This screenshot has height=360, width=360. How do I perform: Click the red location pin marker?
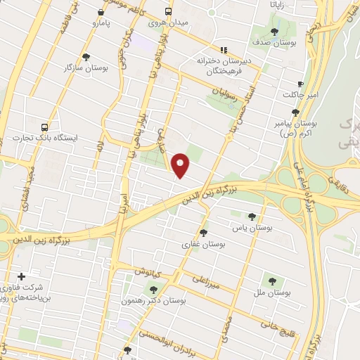tap(181, 165)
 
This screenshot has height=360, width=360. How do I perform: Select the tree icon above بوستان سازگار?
tap(86, 57)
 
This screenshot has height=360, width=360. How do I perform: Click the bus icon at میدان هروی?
tap(167, 12)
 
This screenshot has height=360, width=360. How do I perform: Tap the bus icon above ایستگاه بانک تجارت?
tap(45, 127)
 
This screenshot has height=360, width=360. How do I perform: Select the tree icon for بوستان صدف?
tap(275, 32)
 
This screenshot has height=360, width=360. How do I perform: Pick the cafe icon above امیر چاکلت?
tap(301, 84)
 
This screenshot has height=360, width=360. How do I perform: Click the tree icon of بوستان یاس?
tap(253, 217)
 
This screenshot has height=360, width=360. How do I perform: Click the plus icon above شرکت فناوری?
tap(22, 276)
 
